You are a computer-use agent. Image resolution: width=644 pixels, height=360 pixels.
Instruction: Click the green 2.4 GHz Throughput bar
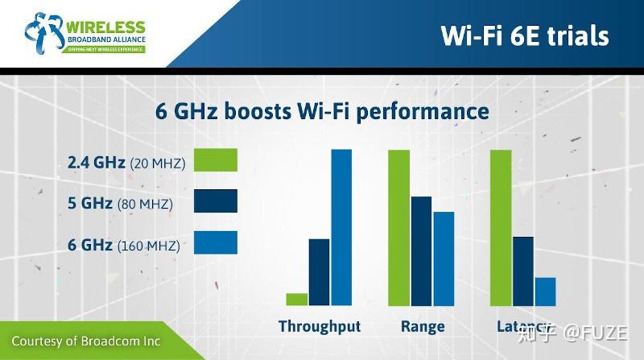[297, 300]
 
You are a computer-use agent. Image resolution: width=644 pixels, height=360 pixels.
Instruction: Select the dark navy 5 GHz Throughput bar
[320, 272]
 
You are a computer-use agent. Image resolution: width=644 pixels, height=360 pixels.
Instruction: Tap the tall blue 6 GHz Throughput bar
[342, 228]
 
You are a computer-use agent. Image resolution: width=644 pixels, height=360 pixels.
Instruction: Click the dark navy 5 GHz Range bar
[422, 250]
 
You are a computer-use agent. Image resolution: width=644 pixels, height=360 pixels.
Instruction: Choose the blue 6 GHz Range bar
[444, 259]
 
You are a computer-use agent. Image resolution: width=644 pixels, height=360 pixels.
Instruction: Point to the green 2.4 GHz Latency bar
[501, 228]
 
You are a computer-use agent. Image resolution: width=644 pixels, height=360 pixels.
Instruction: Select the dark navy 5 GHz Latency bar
[523, 271]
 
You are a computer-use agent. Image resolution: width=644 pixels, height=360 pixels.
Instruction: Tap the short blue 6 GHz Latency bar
[545, 292]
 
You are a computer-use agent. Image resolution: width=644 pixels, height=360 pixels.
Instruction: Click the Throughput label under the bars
[320, 327]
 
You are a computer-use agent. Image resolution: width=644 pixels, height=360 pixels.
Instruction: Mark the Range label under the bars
[422, 327]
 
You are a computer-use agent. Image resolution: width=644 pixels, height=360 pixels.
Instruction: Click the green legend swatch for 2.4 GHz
[216, 160]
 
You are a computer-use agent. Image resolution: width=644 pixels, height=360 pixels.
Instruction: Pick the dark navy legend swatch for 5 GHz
[216, 201]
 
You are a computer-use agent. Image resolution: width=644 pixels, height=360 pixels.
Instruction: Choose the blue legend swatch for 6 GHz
[216, 242]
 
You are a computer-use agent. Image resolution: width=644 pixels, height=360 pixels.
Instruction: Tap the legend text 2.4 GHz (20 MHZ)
[126, 163]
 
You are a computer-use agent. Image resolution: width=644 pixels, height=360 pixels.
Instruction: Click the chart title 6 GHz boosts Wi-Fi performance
[322, 110]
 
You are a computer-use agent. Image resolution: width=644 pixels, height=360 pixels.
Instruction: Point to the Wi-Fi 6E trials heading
[524, 35]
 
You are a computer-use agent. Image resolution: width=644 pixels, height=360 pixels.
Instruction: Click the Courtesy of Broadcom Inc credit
[86, 341]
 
